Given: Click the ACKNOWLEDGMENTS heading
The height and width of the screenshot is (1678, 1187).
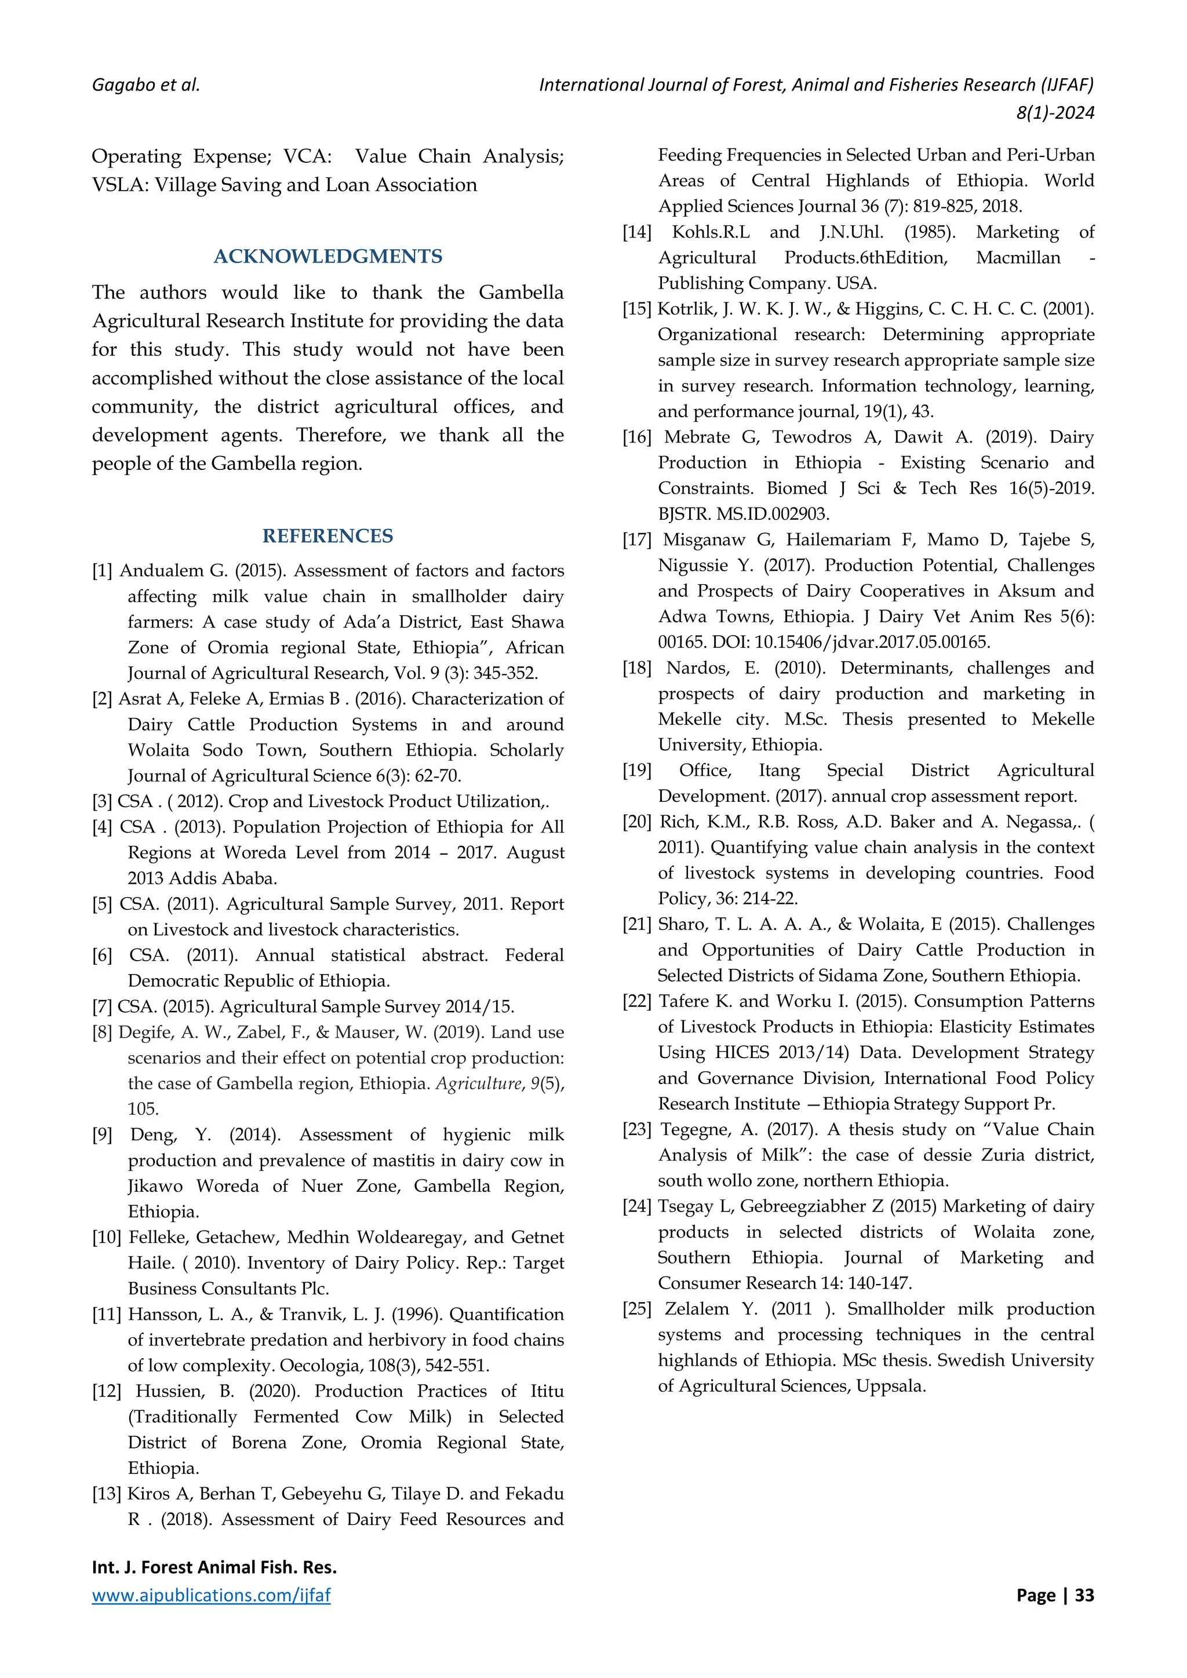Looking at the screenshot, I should coord(327,257).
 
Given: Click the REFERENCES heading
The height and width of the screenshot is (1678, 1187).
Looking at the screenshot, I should coord(327,537).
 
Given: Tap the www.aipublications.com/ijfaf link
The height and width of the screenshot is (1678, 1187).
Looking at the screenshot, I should coord(211,1595).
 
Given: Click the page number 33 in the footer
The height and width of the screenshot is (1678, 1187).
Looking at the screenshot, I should coord(1084,1595).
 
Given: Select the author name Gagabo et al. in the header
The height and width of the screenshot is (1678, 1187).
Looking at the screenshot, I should coord(145,85).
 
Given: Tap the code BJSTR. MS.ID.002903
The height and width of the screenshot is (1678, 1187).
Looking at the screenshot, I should coord(744,514).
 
